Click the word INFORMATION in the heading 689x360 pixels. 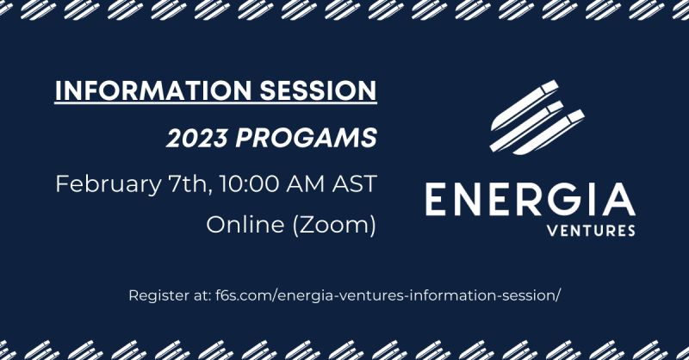click(152, 90)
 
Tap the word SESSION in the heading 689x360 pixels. click(318, 90)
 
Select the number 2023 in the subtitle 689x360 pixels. click(197, 138)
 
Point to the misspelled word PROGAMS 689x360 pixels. click(307, 138)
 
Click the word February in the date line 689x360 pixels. click(109, 184)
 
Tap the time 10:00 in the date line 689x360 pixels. click(250, 183)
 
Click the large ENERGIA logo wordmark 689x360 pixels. click(530, 200)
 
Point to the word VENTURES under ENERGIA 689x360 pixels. click(591, 230)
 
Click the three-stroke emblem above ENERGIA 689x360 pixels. click(537, 117)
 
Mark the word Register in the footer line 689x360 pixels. click(156, 295)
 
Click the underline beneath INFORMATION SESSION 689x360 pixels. click(216, 103)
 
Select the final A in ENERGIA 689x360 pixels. click(618, 200)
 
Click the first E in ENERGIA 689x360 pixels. click(435, 200)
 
